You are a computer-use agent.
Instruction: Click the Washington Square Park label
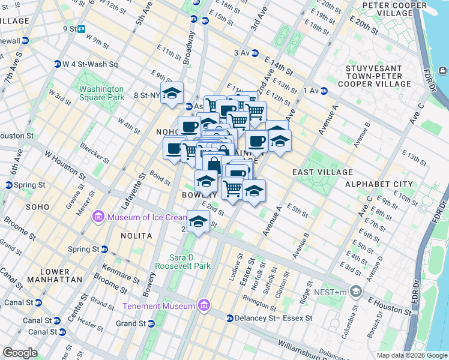(x=101, y=93)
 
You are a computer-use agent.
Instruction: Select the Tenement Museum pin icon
(x=204, y=306)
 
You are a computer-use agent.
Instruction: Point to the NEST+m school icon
(x=357, y=292)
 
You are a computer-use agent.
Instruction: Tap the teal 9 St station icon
(x=81, y=28)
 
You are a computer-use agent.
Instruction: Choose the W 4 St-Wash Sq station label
(x=91, y=64)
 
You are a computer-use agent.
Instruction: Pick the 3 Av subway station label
(x=242, y=53)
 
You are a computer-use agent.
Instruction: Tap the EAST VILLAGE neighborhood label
(x=318, y=172)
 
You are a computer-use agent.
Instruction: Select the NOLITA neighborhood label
(x=136, y=236)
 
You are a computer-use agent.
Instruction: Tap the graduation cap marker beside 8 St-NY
(x=172, y=93)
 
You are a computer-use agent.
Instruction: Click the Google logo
(x=20, y=353)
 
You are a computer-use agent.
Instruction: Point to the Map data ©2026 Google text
(x=411, y=355)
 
